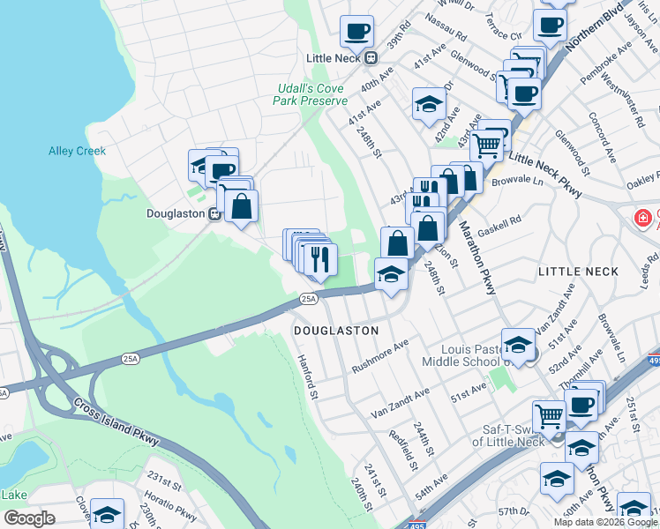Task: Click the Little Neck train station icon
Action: (371, 58)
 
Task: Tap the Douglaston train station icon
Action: (213, 213)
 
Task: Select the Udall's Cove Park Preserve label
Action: (311, 95)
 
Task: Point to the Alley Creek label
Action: (77, 151)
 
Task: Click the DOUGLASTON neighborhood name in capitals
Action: (335, 331)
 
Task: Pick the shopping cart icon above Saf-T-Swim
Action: (549, 414)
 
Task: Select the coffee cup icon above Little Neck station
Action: (356, 31)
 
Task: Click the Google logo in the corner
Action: (28, 518)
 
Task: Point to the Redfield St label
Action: (408, 449)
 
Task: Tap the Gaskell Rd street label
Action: (499, 225)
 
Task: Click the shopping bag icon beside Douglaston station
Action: (241, 206)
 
